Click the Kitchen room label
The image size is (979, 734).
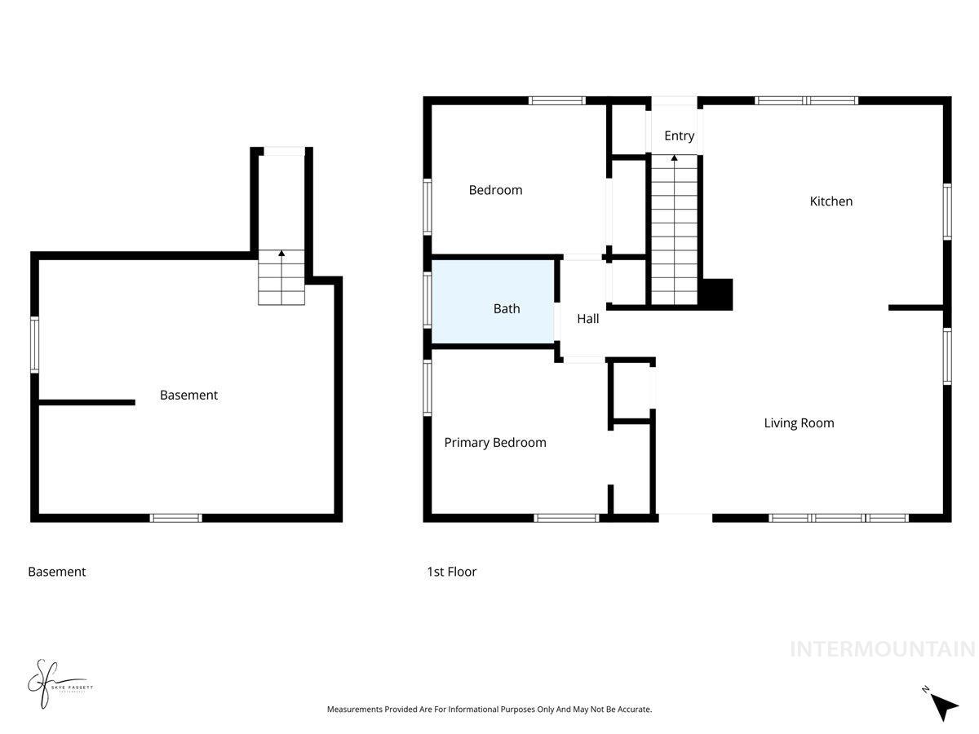pyautogui.click(x=831, y=201)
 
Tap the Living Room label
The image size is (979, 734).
pyautogui.click(x=799, y=423)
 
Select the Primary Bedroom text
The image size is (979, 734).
pyautogui.click(x=494, y=443)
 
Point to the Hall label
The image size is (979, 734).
pyautogui.click(x=587, y=319)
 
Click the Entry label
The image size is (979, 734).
pyautogui.click(x=679, y=136)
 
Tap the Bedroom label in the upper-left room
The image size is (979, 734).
pyautogui.click(x=495, y=190)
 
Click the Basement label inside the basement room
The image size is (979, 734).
pyautogui.click(x=188, y=396)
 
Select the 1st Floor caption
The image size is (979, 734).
pyautogui.click(x=451, y=572)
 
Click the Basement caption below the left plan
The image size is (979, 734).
pyautogui.click(x=56, y=572)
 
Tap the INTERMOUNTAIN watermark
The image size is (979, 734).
pyautogui.click(x=882, y=649)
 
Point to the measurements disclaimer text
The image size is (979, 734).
pyautogui.click(x=489, y=710)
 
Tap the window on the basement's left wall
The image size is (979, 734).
pyautogui.click(x=35, y=344)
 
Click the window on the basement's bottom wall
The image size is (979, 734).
pyautogui.click(x=176, y=518)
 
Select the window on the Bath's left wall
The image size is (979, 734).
pyautogui.click(x=427, y=299)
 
